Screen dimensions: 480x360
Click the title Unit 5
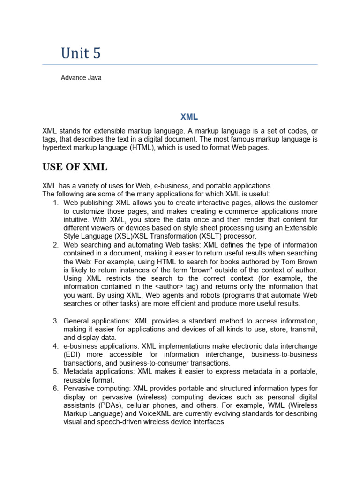81,53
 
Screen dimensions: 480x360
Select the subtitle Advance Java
81,78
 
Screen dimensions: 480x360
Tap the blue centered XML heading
189,117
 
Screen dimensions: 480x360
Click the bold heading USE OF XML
75,167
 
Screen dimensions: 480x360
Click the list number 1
55,202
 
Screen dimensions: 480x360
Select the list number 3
55,321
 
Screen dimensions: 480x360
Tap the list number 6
55,388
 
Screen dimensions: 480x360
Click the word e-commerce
247,211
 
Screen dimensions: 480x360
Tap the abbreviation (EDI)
73,354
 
